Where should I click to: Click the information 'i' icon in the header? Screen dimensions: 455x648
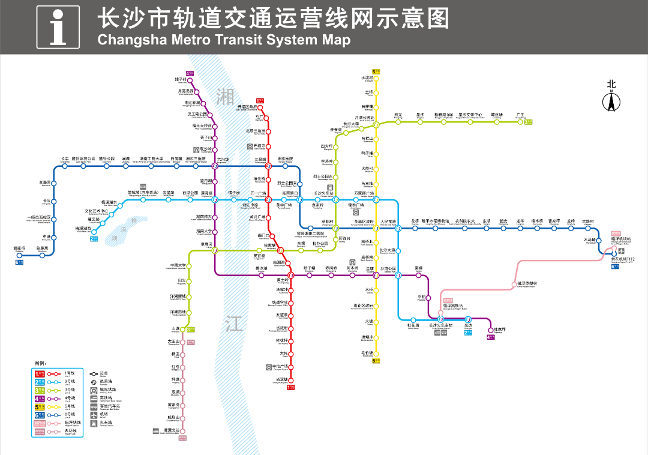pyautogui.click(x=57, y=27)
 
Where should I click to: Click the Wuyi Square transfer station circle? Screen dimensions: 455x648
pyautogui.click(x=268, y=200)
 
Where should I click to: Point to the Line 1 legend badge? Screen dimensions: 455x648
pyautogui.click(x=40, y=373)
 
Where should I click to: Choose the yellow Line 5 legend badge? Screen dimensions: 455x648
pyautogui.click(x=40, y=406)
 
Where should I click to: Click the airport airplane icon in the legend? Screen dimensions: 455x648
pyautogui.click(x=94, y=415)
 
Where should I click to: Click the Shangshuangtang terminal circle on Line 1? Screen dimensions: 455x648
pyautogui.click(x=291, y=380)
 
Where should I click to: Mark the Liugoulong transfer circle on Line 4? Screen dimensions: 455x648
pyautogui.click(x=215, y=166)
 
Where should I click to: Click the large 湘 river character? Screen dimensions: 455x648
pyautogui.click(x=226, y=95)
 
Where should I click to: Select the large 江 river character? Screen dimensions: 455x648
pyautogui.click(x=235, y=324)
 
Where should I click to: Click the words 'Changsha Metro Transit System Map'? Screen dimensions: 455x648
pyautogui.click(x=223, y=40)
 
